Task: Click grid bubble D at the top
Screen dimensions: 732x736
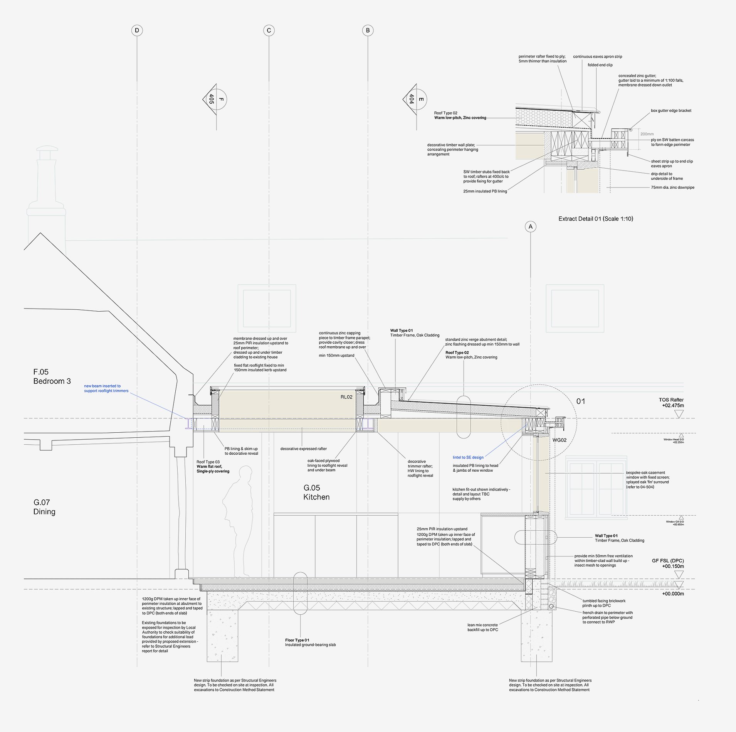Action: [x=137, y=30]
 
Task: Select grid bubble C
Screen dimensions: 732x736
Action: [x=269, y=30]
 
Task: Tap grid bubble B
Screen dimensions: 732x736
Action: [x=368, y=30]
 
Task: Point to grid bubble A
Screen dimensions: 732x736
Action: [x=531, y=227]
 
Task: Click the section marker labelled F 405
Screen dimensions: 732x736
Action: [x=216, y=100]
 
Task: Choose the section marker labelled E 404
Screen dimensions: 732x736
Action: [x=416, y=100]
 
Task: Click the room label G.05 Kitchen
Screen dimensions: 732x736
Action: [x=316, y=492]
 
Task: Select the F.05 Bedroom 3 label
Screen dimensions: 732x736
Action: [x=52, y=376]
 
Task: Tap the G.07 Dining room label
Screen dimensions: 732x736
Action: [x=44, y=507]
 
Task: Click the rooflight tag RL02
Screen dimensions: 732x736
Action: [x=346, y=397]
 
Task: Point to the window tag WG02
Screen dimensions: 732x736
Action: [x=559, y=440]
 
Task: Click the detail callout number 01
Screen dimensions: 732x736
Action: [x=581, y=401]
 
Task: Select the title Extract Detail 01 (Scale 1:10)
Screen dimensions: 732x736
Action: [x=596, y=219]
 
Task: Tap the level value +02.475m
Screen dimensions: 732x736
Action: [x=673, y=405]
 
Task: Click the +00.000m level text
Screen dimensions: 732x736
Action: [x=673, y=594]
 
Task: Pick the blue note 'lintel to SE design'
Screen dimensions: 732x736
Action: [x=468, y=457]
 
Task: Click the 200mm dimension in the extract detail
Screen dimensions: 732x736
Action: [x=647, y=134]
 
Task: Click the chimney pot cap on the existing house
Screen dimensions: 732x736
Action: [x=47, y=149]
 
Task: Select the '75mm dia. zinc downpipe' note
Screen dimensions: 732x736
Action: [x=672, y=187]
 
